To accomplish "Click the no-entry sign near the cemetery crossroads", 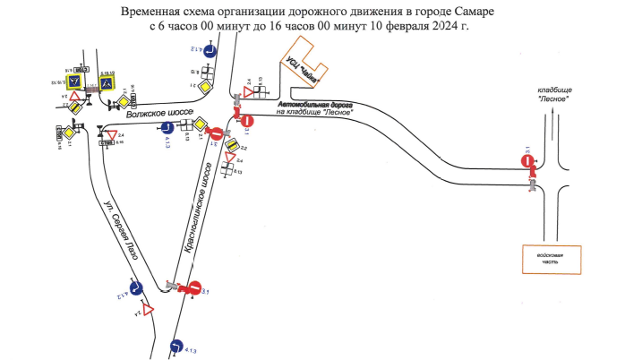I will coord(528,161).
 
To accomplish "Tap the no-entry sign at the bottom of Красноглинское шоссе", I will coord(190,287).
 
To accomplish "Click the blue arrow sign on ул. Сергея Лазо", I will coord(136,288).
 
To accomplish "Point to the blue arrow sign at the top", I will coord(207,52).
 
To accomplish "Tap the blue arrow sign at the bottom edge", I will coord(176,346).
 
